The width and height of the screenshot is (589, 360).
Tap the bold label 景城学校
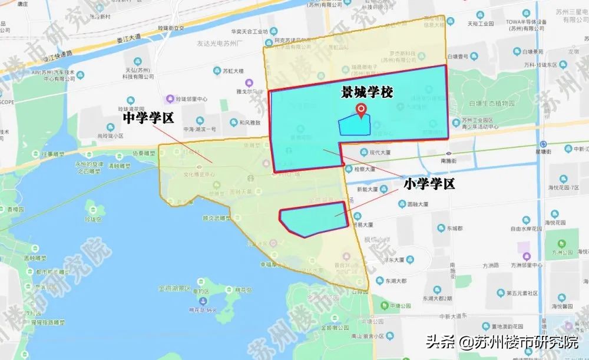[x=368, y=93]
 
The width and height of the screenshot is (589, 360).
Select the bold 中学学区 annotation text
[x=148, y=118]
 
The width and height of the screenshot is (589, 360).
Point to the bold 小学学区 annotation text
[x=429, y=184]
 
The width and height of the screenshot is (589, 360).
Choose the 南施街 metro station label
[x=449, y=160]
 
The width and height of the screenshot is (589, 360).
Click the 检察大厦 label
[x=365, y=169]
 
